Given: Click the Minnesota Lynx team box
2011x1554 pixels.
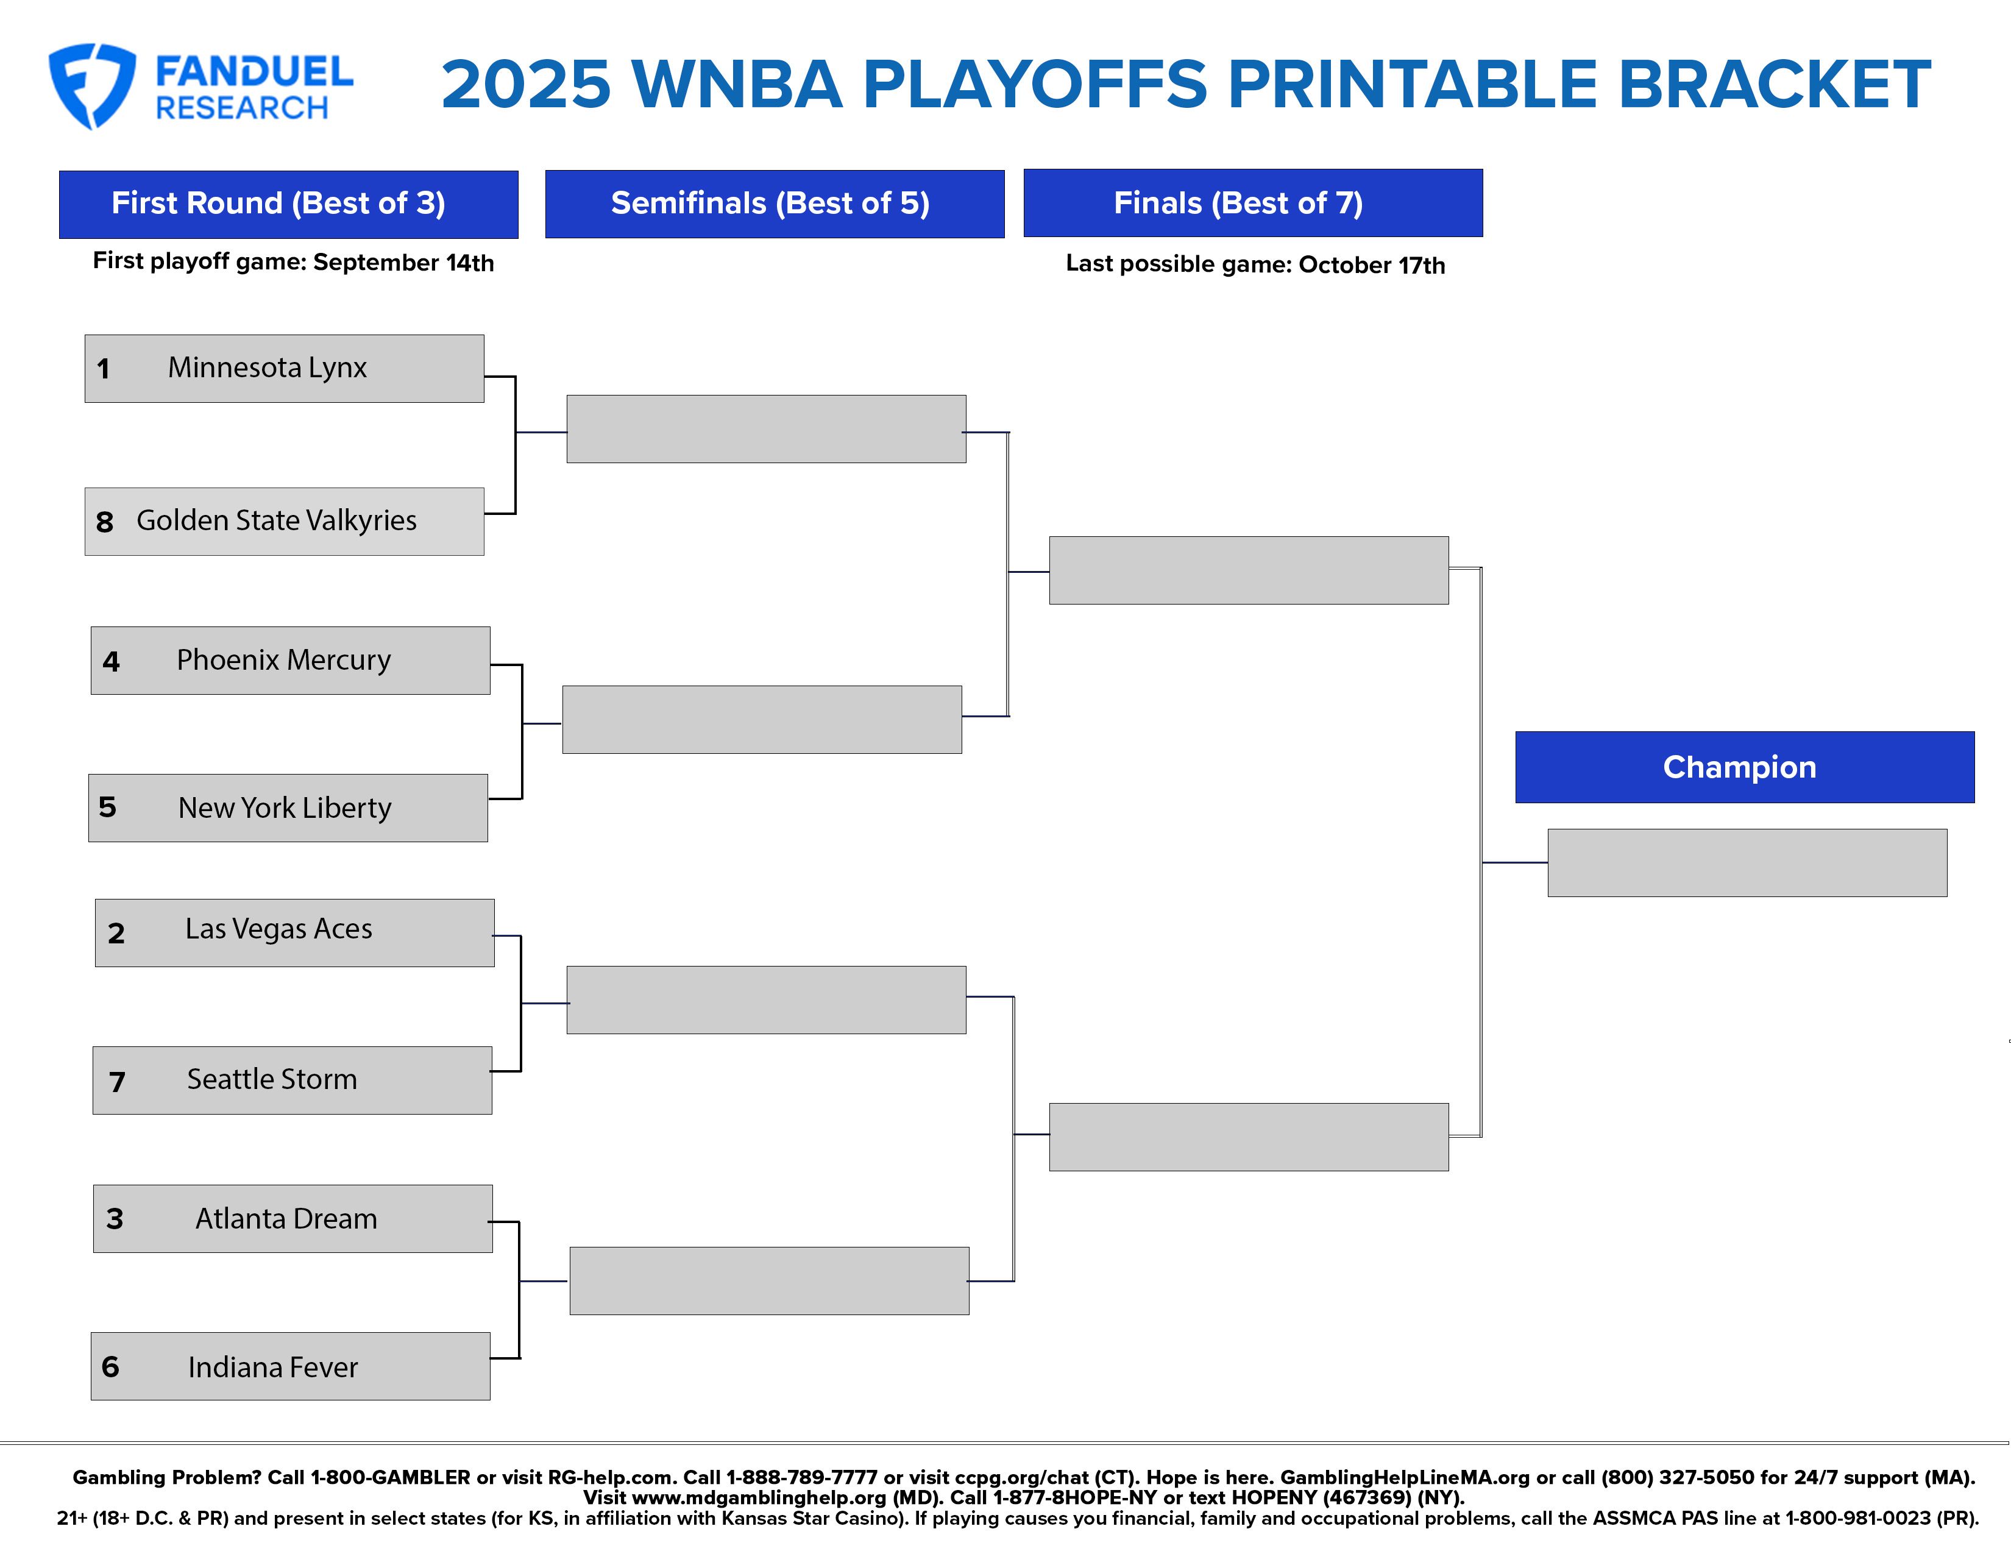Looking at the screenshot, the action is (285, 368).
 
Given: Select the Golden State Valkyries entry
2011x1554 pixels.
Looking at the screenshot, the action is (285, 521).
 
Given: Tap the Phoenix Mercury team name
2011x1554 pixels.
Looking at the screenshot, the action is (283, 660).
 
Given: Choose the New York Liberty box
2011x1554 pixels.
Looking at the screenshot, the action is (288, 807).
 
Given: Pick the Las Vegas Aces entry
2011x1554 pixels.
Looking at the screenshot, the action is (295, 932).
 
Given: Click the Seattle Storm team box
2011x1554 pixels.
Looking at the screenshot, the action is (292, 1080).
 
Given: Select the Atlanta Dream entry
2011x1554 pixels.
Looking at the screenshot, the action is (293, 1218).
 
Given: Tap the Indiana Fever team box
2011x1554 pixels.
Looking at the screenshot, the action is (290, 1366).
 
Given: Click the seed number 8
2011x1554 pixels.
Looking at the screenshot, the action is (105, 522).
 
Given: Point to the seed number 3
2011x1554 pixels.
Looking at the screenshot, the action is (114, 1219).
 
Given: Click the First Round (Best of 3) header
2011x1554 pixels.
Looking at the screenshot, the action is (288, 204).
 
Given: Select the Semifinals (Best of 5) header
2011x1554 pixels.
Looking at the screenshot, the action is (775, 204).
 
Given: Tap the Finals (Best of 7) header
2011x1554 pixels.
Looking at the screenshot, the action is (1253, 202).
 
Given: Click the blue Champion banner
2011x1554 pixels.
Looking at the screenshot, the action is (1745, 767).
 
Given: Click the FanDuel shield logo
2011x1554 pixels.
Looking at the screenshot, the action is (92, 85).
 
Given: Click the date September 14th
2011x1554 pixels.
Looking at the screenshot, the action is (403, 263).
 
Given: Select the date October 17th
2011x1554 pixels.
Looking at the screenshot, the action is (1371, 265).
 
